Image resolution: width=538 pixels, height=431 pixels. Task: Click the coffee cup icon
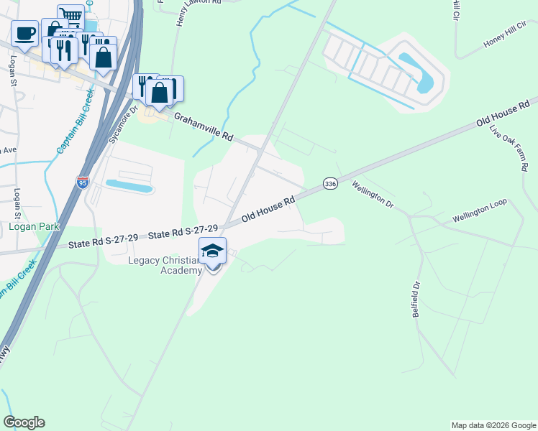coord(24,33)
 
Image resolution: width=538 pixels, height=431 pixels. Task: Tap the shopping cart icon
coord(70,16)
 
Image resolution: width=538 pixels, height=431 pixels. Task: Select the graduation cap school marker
coord(212,251)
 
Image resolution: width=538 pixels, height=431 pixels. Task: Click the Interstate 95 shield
coord(83,182)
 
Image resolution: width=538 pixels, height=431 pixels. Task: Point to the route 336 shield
coord(330,184)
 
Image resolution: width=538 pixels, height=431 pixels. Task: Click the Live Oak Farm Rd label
coord(509,148)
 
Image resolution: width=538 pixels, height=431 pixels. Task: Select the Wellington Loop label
coord(480,210)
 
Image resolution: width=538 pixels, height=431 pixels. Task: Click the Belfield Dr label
coord(416,305)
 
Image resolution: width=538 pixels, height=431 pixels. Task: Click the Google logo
coord(24,422)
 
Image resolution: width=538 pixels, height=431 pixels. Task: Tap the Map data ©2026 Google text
coord(493,425)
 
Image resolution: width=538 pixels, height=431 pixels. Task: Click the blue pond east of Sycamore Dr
coord(129,187)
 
